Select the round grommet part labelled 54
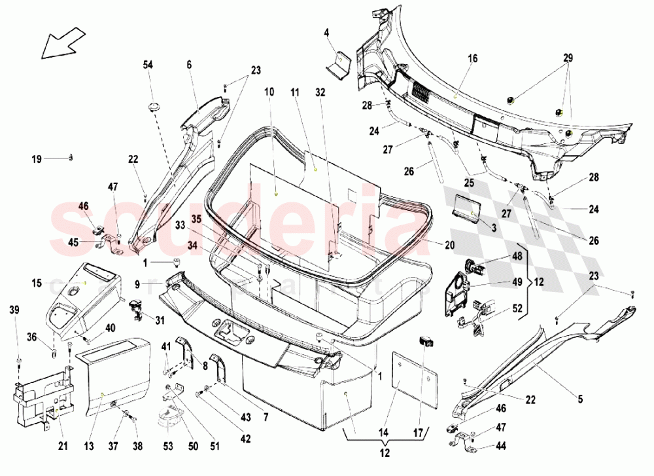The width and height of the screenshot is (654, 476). pos(154,105)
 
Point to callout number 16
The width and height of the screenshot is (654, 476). pos(473,58)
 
